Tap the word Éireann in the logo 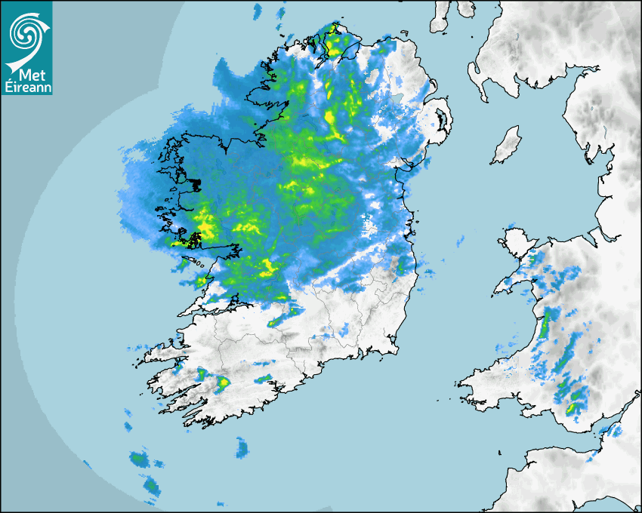click(27, 87)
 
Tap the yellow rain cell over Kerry click(224, 383)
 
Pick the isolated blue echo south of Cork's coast click(242, 448)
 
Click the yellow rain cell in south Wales click(572, 408)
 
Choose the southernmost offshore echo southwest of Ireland click(152, 487)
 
